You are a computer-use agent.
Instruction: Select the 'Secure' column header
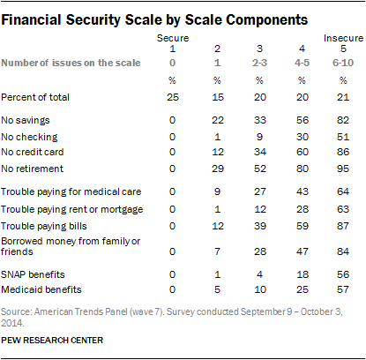(172, 40)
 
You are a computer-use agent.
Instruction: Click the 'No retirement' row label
(33, 166)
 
